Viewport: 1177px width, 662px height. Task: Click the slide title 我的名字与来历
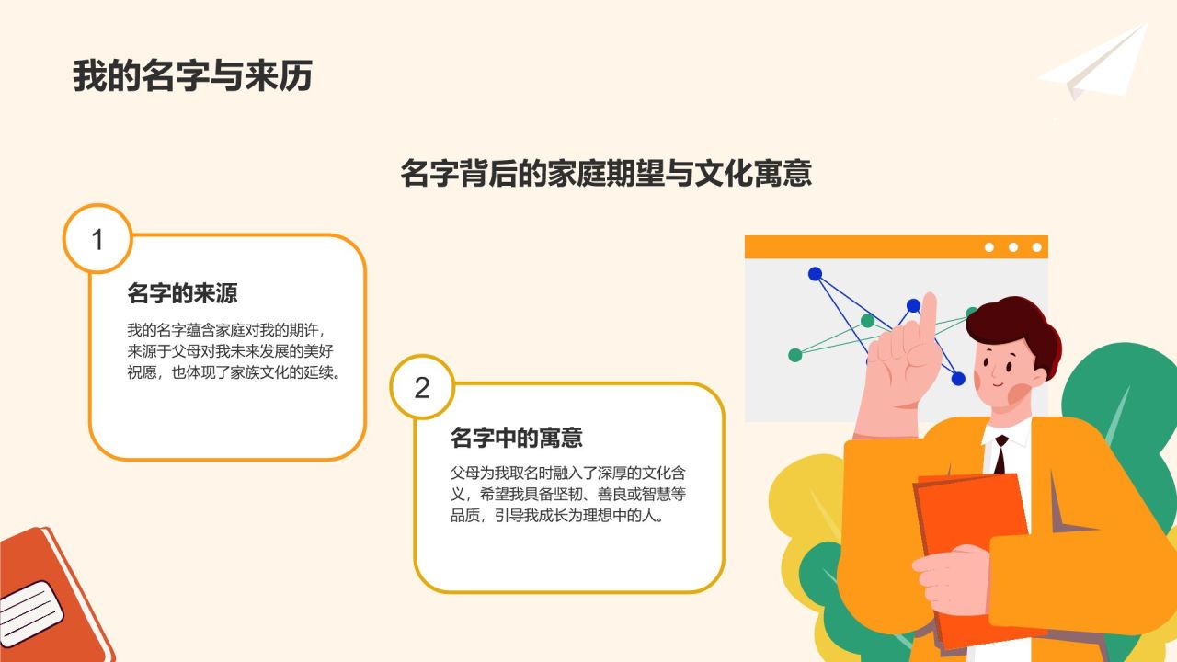(x=192, y=76)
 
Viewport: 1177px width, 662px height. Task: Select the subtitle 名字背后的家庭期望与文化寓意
(x=606, y=173)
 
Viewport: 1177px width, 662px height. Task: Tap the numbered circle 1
(x=97, y=240)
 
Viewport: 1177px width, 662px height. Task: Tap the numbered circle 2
(x=422, y=387)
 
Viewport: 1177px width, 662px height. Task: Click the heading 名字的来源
(x=182, y=294)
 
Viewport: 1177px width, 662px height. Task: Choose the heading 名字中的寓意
(x=517, y=438)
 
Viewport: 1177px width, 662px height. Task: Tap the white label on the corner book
(x=29, y=612)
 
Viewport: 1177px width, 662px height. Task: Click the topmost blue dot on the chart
(x=815, y=274)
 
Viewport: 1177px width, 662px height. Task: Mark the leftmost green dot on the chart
(x=795, y=355)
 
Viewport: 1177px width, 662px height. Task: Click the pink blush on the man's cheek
(x=1019, y=393)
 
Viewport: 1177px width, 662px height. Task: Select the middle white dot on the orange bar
(x=1013, y=247)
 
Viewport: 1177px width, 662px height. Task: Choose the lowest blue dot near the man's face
(x=958, y=378)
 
